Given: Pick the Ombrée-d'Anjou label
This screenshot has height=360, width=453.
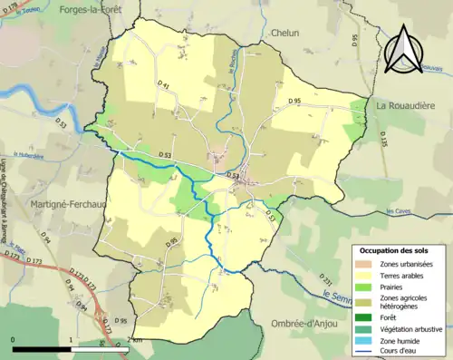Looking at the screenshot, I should (308, 324).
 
